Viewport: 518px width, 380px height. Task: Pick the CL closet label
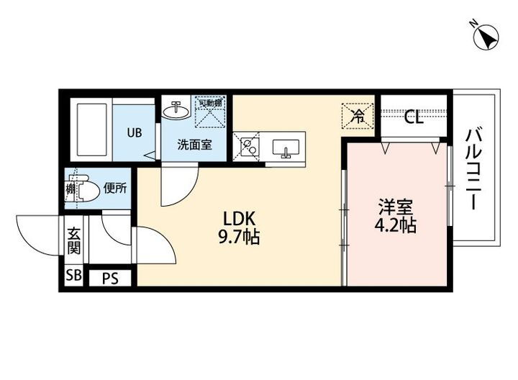pyautogui.click(x=413, y=117)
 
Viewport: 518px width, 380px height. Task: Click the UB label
pyautogui.click(x=135, y=132)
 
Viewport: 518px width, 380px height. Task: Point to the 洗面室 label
pyautogui.click(x=194, y=144)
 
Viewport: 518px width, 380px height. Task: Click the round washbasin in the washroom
pyautogui.click(x=176, y=111)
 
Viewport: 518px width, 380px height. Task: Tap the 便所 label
pyautogui.click(x=115, y=189)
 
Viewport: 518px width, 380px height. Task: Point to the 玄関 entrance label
pyautogui.click(x=74, y=241)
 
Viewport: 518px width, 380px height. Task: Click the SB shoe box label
pyautogui.click(x=73, y=276)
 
